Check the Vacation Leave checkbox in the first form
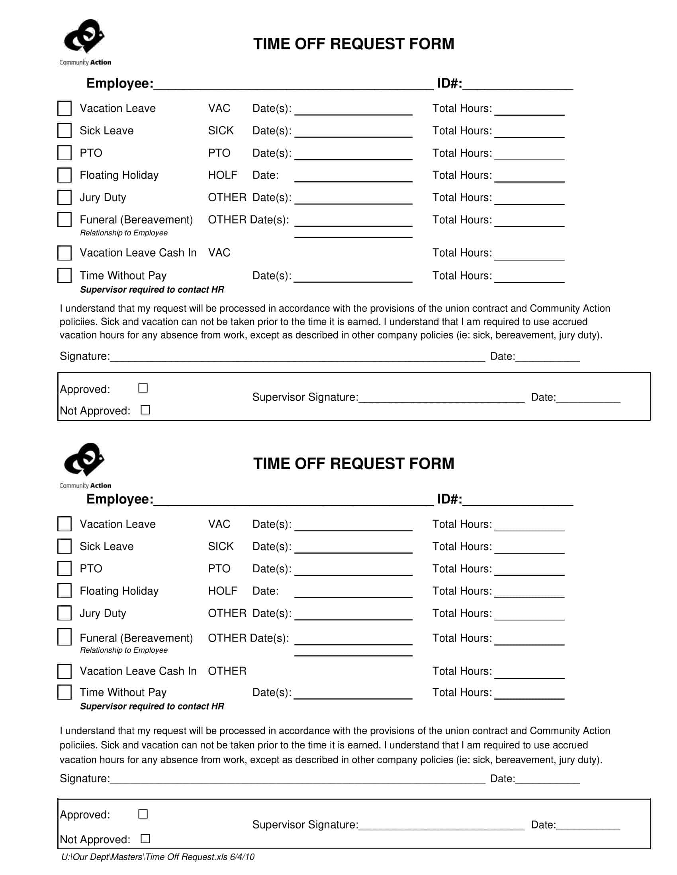[65, 108]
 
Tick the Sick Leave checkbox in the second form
[65, 546]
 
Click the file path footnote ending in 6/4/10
[158, 857]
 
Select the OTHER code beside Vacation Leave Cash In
[227, 671]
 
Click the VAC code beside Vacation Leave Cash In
[219, 253]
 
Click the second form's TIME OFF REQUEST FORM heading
[354, 463]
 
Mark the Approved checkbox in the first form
[143, 388]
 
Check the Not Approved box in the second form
[145, 838]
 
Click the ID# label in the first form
[449, 84]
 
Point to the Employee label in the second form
[119, 499]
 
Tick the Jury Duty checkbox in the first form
[65, 197]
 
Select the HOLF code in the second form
[223, 591]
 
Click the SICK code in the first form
[221, 130]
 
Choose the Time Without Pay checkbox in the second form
[65, 692]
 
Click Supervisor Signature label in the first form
[305, 397]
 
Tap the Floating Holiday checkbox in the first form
[65, 175]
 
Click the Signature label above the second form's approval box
[84, 778]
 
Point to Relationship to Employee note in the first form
[123, 233]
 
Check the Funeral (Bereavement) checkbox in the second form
[65, 637]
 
